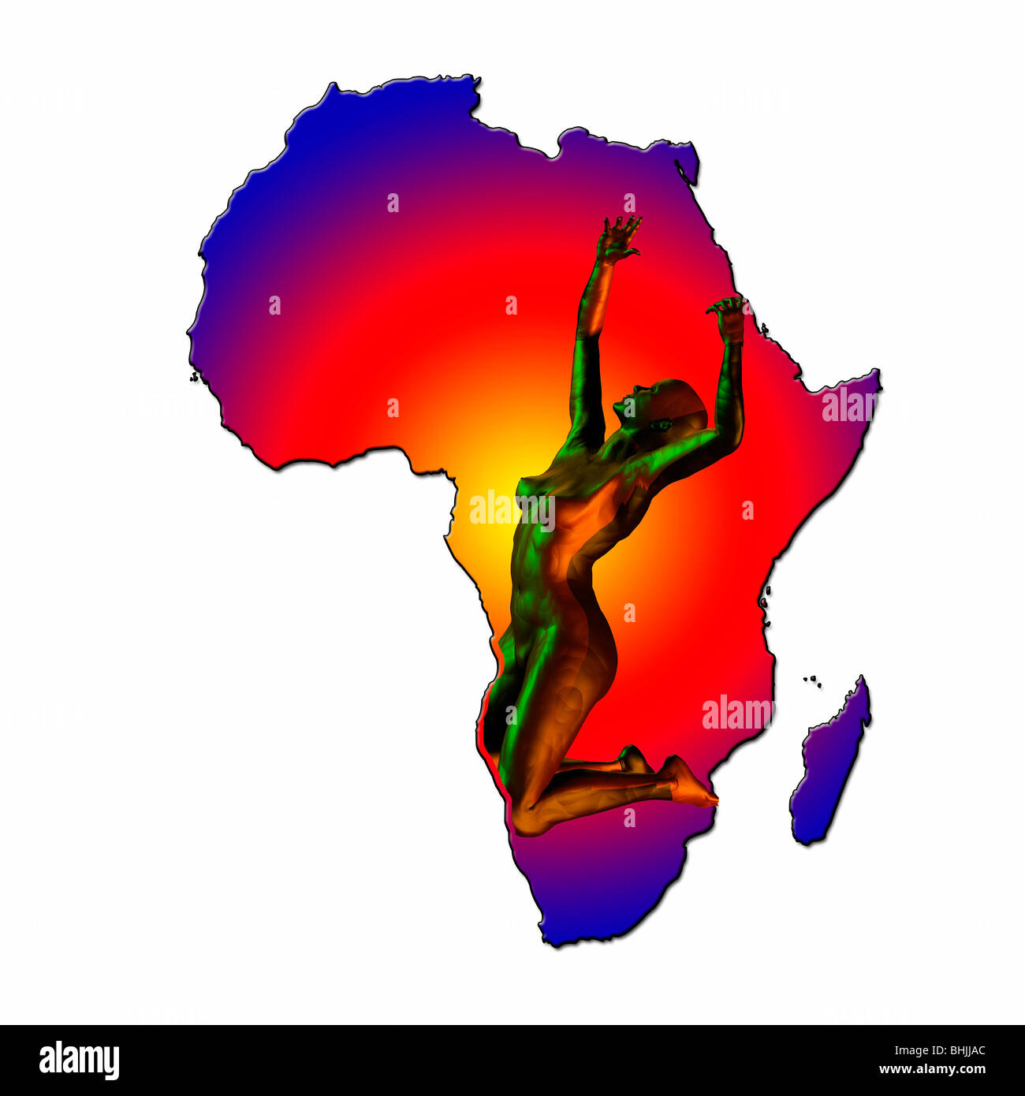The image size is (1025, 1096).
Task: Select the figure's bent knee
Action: click(531, 820)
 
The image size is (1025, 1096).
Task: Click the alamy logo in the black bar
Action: click(79, 1060)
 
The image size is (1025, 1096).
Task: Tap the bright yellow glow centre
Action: click(493, 497)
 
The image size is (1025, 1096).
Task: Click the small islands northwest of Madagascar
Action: click(811, 680)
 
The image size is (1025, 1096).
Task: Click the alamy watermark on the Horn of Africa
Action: click(850, 404)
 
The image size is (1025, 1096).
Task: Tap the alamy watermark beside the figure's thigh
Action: click(737, 713)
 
